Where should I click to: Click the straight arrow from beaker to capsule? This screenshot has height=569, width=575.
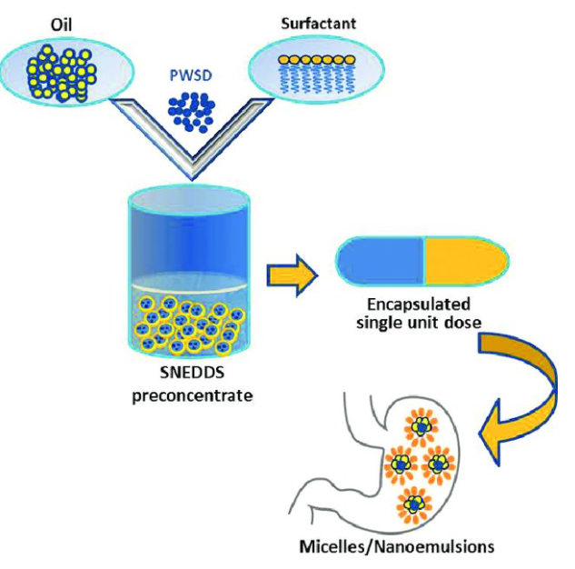[290, 272]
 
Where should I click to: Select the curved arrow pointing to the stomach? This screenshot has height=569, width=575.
[526, 391]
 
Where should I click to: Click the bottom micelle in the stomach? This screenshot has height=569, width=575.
[414, 502]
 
